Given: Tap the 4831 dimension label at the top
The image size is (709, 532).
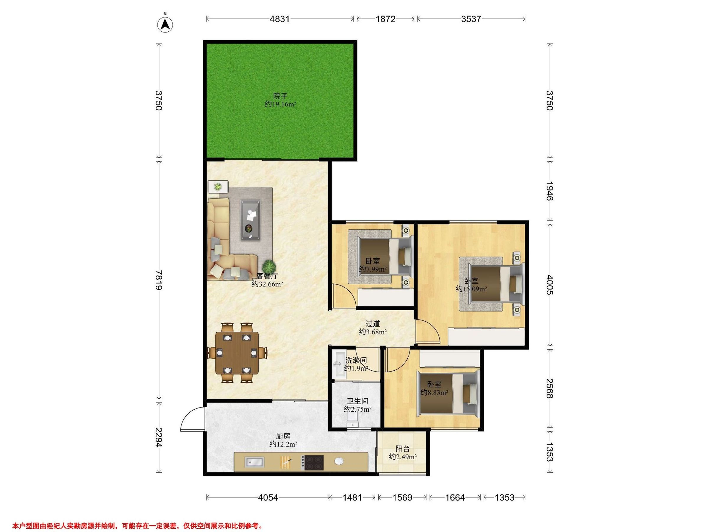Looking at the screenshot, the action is point(279,19).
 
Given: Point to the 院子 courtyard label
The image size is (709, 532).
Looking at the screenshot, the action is point(280,95).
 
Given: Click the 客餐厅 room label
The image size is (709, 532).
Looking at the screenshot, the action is point(267,276).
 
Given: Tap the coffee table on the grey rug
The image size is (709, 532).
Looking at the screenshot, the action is point(251,220).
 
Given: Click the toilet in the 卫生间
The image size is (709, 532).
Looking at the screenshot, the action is point(354,419).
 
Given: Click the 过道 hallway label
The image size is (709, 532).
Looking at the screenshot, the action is point(373,324).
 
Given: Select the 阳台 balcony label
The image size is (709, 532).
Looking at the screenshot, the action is point(403,449).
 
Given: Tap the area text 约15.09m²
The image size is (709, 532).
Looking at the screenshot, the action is point(471,289).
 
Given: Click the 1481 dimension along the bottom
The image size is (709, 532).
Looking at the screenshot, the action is point(352,497).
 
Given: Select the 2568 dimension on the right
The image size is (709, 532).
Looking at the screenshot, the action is point(550,388).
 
